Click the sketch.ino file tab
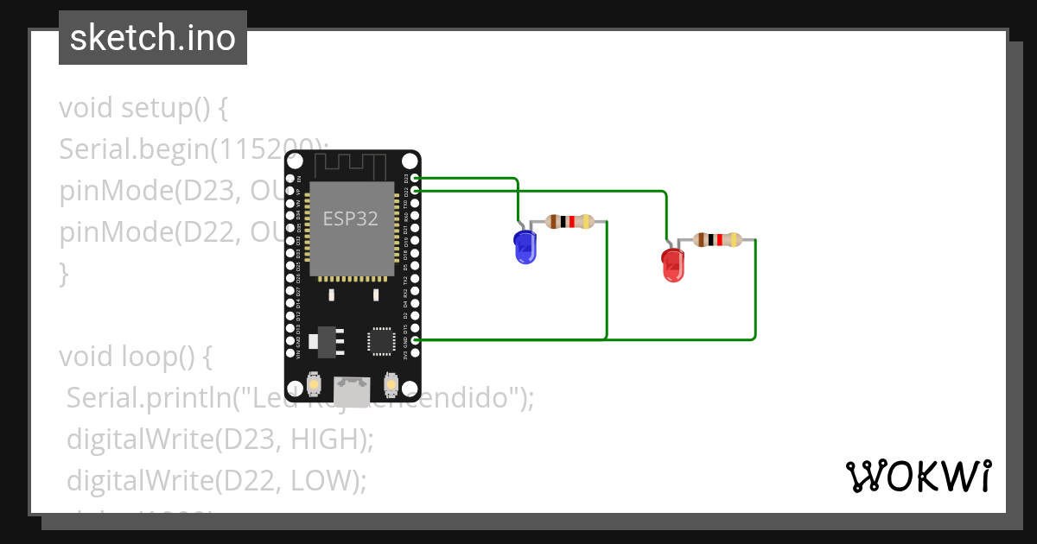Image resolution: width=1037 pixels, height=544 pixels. point(153,38)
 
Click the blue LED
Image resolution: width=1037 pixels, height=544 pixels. point(525,248)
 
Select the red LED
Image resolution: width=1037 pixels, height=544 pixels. point(672,264)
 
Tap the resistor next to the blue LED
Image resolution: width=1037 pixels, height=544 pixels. point(570,222)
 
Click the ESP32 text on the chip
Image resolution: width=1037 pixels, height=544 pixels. point(350,218)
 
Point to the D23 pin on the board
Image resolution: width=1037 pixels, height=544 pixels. point(417,179)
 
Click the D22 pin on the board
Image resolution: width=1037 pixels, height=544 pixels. point(417,190)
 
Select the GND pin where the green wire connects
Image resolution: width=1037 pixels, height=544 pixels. point(417,340)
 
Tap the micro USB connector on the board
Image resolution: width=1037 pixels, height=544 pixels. point(353,389)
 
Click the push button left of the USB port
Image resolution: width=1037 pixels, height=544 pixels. point(315,383)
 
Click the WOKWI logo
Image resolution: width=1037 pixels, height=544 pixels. point(918,476)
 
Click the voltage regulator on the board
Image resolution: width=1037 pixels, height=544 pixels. point(326,340)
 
